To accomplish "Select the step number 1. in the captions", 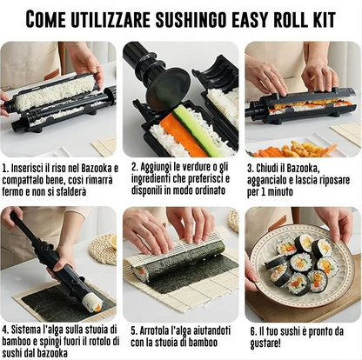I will [6, 163].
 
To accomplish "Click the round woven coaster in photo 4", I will [104, 248].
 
